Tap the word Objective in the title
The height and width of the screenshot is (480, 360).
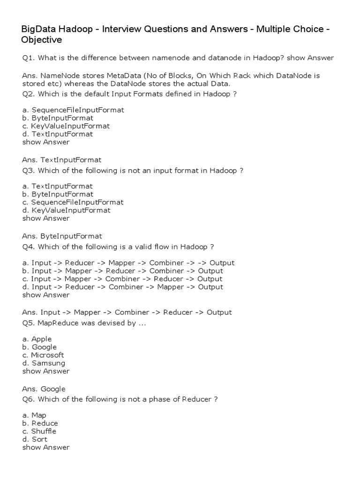pyautogui.click(x=42, y=40)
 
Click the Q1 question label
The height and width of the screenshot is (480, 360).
pyautogui.click(x=28, y=58)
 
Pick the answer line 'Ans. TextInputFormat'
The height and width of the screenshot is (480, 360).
pyautogui.click(x=61, y=160)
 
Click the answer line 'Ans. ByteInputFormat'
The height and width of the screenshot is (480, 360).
pyautogui.click(x=62, y=236)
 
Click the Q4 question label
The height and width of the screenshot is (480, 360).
pyautogui.click(x=28, y=247)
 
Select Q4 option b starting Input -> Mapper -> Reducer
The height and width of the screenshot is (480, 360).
pyautogui.click(x=122, y=271)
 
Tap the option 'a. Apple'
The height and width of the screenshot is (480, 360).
pyautogui.click(x=37, y=339)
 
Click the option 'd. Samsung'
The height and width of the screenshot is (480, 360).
pyautogui.click(x=44, y=363)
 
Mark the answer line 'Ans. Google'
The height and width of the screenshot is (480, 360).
pyautogui.click(x=44, y=389)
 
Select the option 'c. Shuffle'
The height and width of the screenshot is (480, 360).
pyautogui.click(x=39, y=431)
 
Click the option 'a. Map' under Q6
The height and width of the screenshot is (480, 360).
pyautogui.click(x=34, y=415)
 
